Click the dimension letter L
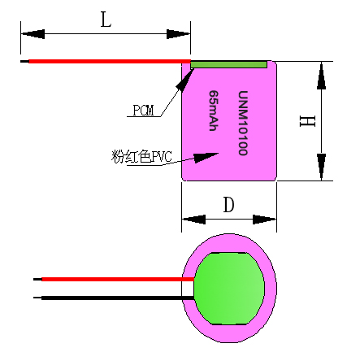pyautogui.click(x=105, y=20)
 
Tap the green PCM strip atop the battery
pyautogui.click(x=229, y=63)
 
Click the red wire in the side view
pyautogui.click(x=106, y=61)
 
